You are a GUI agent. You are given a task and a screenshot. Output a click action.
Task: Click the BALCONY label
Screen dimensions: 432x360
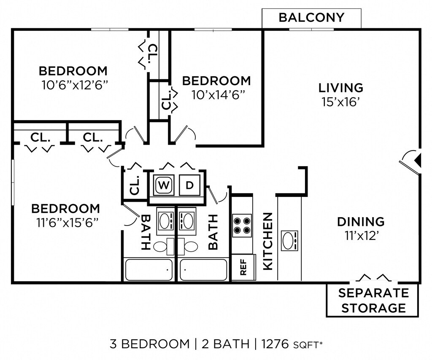[x=311, y=17]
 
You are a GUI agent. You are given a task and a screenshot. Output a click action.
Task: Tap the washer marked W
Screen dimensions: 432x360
[x=164, y=185]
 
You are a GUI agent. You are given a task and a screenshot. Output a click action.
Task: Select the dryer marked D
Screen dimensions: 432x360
[x=189, y=185]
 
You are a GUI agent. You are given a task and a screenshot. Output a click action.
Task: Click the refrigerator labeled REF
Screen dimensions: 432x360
[x=243, y=267]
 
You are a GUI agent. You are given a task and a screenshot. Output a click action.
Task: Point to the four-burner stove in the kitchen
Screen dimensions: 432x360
[x=242, y=226]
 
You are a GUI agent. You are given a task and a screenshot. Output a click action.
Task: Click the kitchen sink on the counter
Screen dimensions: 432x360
[x=289, y=240]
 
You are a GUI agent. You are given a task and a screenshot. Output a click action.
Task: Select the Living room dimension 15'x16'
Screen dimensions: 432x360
[x=341, y=102]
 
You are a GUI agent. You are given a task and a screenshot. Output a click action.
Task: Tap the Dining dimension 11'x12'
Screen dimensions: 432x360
[x=361, y=236]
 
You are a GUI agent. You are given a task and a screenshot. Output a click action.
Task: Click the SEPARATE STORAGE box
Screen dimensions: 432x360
[x=373, y=300]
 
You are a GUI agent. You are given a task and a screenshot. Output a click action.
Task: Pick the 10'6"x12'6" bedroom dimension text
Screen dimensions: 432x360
[x=74, y=85]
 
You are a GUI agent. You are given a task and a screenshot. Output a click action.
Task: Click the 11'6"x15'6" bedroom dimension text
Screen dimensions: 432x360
[x=67, y=223]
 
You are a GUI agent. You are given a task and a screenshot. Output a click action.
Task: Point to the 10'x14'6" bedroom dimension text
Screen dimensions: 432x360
[x=218, y=95]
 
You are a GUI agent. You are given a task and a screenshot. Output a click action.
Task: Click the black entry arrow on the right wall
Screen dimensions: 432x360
[x=418, y=160]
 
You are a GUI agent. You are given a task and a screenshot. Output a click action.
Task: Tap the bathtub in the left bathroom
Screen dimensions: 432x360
[x=149, y=270]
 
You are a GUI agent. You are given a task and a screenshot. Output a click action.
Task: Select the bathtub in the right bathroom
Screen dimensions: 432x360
[x=203, y=270]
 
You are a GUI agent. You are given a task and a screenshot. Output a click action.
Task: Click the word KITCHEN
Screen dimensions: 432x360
[x=268, y=241]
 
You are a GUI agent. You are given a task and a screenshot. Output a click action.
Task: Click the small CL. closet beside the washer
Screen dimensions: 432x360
[x=135, y=185]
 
